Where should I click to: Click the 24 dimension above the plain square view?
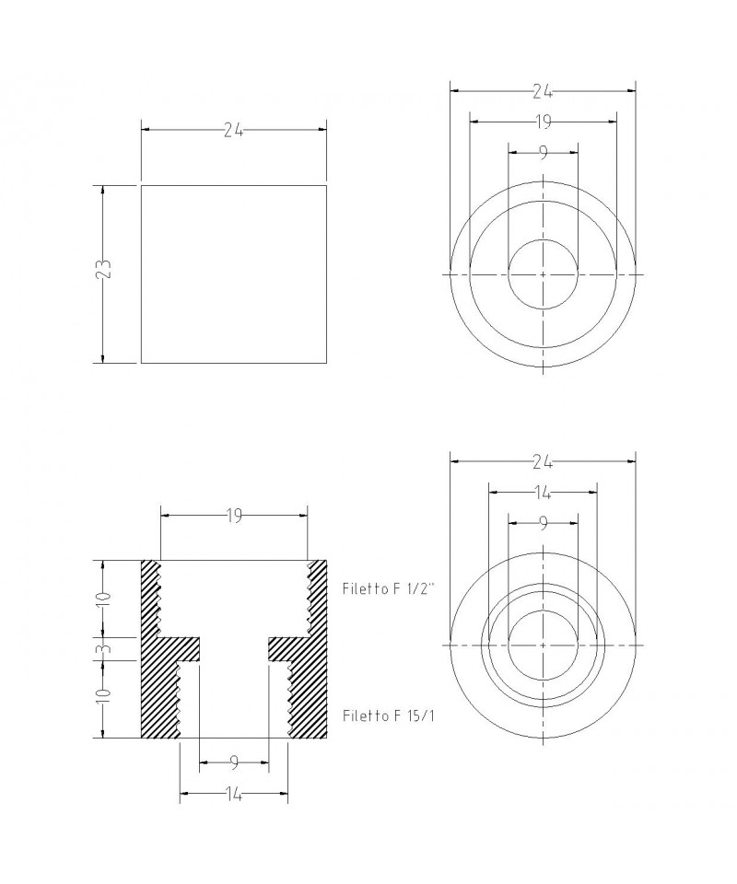pos(233,130)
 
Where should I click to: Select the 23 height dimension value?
pos(102,270)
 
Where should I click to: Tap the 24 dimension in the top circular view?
pos(543,91)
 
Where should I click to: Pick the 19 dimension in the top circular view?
pos(543,122)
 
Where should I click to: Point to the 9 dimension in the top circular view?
pos(543,152)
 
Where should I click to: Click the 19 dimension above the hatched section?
pos(234,515)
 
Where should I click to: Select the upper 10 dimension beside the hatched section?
pos(102,599)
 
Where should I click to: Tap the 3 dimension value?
pos(102,649)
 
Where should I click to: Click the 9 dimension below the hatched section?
pos(234,762)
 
